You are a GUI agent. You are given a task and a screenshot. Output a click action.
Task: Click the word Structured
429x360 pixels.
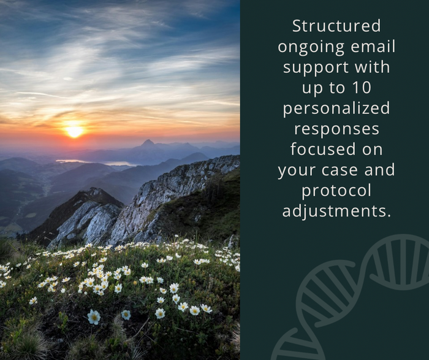(336, 26)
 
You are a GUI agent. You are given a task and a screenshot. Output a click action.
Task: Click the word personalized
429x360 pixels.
(336, 109)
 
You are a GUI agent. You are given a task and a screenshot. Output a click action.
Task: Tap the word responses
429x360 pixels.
(336, 129)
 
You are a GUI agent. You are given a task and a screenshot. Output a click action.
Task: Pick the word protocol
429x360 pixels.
(336, 191)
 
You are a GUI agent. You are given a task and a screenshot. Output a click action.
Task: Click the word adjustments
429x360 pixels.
(336, 212)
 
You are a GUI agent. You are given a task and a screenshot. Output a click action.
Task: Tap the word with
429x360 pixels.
(371, 67)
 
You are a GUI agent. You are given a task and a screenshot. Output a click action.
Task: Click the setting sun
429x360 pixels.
(74, 131)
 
